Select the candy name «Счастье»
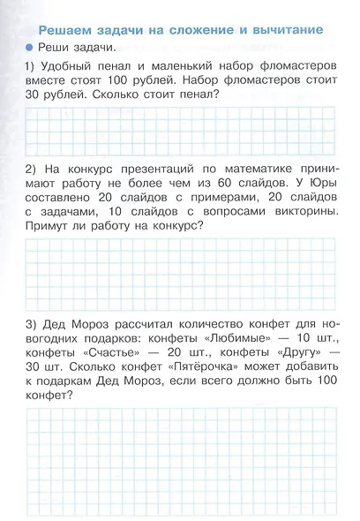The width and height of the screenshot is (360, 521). (x=105, y=351)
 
